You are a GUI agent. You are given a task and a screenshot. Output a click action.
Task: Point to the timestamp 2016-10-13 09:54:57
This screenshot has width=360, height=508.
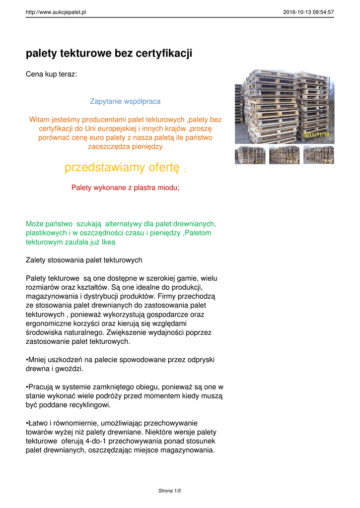308,12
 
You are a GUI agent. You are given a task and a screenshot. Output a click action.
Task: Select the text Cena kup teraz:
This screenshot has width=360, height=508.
51,74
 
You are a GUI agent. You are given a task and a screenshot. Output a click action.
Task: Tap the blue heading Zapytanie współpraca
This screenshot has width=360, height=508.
125,101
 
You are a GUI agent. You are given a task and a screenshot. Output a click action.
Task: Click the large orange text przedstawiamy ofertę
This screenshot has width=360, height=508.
122,168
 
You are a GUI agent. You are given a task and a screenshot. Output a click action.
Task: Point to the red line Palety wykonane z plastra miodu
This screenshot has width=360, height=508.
125,188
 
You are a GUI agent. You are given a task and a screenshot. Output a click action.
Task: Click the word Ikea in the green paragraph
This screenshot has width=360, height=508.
108,242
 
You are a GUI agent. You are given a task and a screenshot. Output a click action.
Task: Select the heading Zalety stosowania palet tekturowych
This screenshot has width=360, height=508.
84,260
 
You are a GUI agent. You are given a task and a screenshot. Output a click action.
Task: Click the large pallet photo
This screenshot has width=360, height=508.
284,106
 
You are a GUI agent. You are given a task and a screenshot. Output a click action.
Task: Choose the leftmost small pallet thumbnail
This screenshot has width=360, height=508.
250,155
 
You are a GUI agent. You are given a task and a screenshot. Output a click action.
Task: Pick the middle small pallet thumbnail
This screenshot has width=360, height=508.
284,155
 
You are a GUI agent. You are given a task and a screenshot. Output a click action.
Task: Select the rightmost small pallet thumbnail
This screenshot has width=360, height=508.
318,155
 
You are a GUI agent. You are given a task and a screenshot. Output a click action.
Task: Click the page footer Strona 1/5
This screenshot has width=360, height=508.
169,491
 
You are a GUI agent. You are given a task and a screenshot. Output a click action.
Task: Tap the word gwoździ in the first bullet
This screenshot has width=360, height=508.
71,369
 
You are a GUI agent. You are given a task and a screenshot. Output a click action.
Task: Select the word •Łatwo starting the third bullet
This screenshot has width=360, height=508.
37,423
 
